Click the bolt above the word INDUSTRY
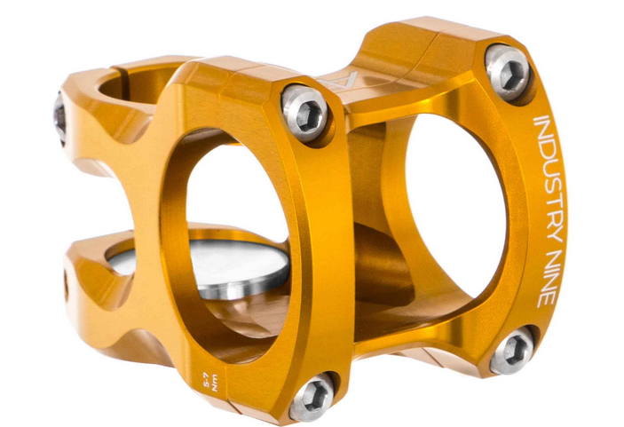pos(508,70)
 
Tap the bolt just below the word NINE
pos(513,350)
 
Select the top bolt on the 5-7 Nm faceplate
pos(305,113)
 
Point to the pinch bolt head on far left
pos(59,119)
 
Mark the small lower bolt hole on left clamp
pos(65,284)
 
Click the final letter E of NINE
pos(541,299)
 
